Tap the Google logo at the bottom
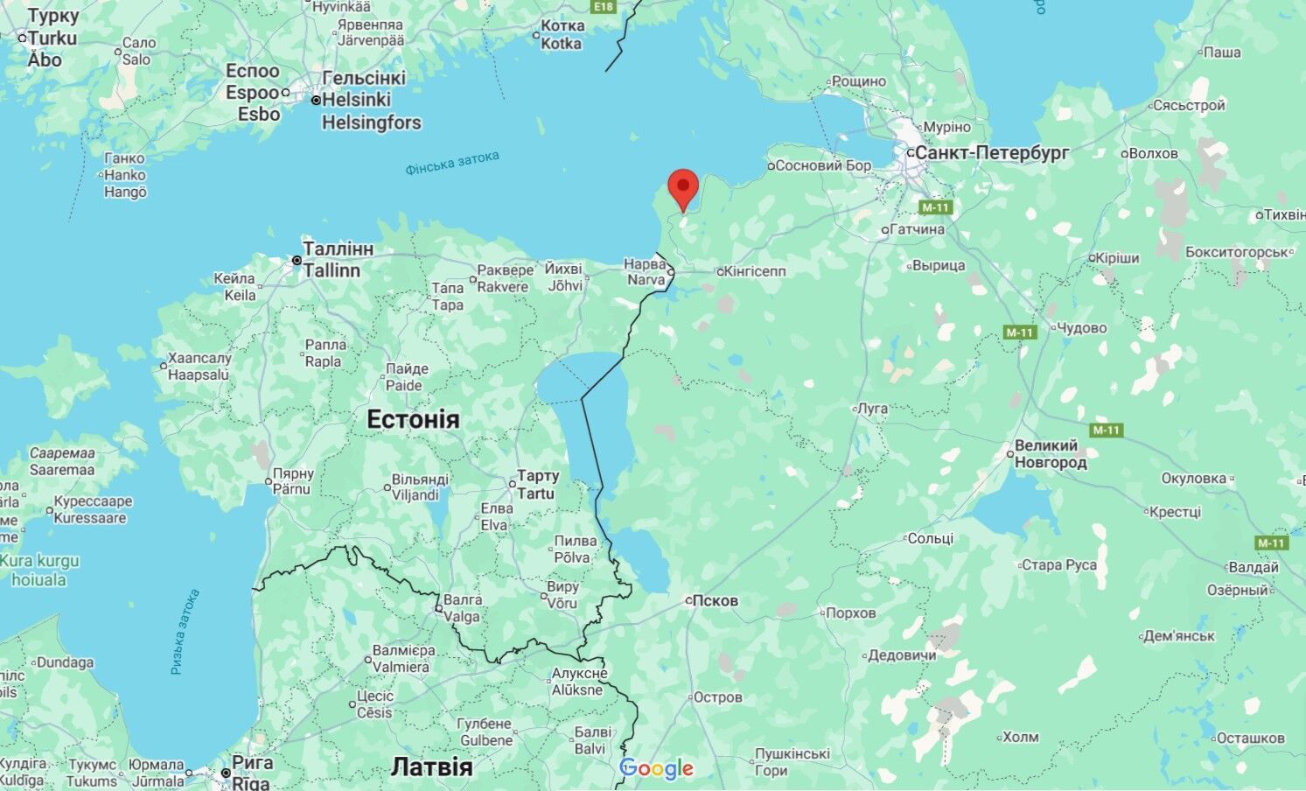click(656, 769)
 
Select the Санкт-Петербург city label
click(992, 152)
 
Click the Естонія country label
click(412, 419)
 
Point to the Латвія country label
click(431, 767)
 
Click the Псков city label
click(714, 600)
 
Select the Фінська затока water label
click(452, 163)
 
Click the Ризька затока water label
click(185, 631)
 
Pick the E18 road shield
click(603, 7)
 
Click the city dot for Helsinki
click(317, 101)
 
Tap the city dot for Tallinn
click(297, 261)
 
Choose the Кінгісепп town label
click(754, 271)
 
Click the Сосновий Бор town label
click(823, 165)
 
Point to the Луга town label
click(873, 408)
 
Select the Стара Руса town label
click(1058, 564)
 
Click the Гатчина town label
click(917, 229)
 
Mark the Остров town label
click(717, 697)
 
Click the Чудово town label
click(1081, 327)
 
